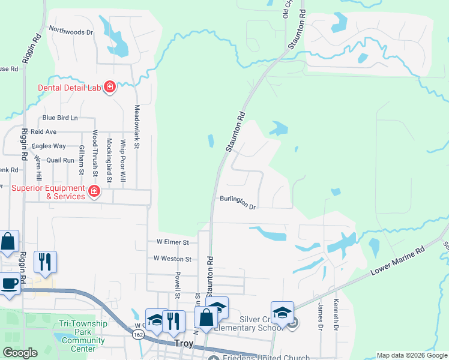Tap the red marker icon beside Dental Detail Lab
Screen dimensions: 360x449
pos(110,88)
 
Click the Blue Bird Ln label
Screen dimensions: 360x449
pos(60,118)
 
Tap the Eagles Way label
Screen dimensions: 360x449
pos(49,146)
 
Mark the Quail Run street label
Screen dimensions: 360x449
pos(60,160)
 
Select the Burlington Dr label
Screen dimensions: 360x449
pos(238,202)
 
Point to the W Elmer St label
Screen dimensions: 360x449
pos(173,242)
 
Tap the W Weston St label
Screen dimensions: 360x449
pos(172,259)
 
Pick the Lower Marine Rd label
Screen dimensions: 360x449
pos(397,260)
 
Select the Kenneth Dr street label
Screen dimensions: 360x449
pos(336,315)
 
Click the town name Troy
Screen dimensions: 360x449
pos(183,344)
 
